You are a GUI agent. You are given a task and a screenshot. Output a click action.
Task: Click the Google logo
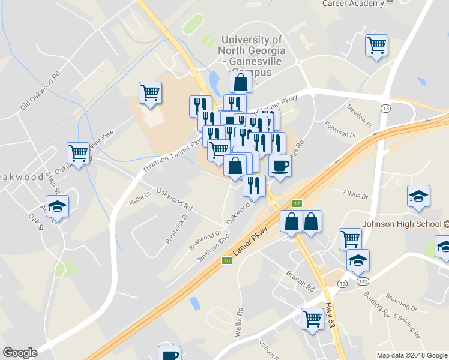point(20,353)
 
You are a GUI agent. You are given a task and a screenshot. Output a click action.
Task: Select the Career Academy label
point(353,4)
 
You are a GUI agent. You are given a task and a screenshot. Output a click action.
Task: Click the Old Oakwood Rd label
point(41,91)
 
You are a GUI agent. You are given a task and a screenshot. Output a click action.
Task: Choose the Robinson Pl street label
point(340,128)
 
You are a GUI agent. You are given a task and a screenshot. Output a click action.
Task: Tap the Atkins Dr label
point(355,194)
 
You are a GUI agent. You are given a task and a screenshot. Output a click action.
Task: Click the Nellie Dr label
point(140,199)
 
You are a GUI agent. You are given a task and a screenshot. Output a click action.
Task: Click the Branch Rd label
point(300,280)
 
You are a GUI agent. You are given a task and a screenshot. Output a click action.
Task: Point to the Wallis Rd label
point(240,322)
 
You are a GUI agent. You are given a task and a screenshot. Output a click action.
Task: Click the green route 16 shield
point(226,260)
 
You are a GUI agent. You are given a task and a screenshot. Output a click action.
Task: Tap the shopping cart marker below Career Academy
point(376,45)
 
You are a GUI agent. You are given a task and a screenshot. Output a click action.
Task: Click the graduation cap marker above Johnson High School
point(418,196)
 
